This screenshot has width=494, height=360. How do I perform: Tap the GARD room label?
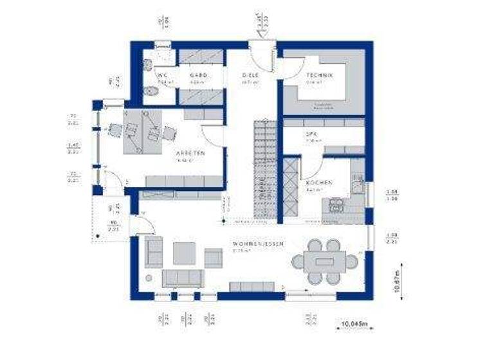(197, 76)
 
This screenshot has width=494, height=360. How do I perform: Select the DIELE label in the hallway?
(250, 76)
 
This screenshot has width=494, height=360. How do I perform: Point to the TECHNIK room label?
(319, 76)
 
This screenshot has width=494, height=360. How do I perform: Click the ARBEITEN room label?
(190, 154)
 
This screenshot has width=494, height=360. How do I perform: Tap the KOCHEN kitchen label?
(319, 183)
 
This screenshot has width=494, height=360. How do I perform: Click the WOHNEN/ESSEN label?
(257, 244)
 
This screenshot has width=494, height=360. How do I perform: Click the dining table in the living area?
(325, 262)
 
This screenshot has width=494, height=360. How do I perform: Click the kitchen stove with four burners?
(336, 204)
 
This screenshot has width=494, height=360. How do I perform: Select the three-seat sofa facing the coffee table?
(182, 278)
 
